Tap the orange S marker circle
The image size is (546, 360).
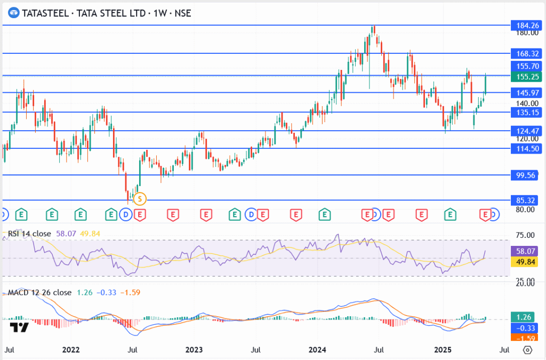click(140, 199)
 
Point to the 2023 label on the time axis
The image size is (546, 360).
click(194, 350)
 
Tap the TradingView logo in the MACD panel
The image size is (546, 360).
click(20, 327)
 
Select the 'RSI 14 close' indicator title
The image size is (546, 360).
click(29, 233)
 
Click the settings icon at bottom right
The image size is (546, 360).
click(528, 350)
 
